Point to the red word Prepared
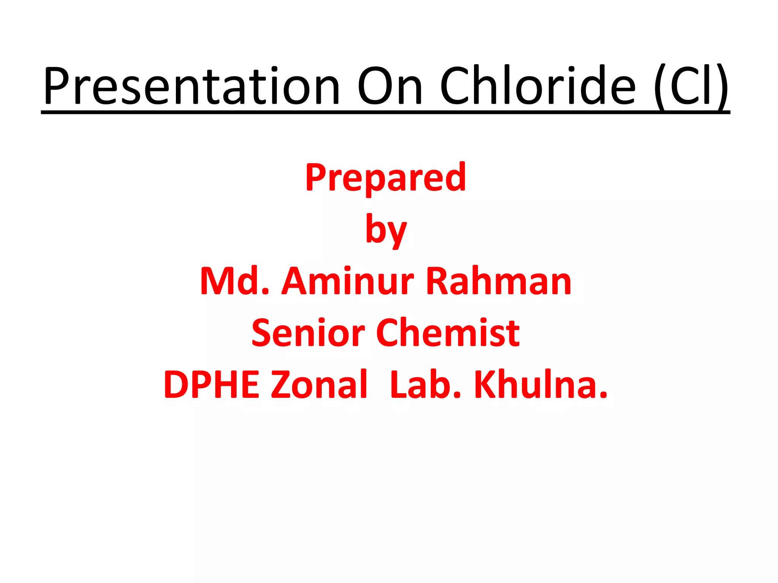386,178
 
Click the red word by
386,230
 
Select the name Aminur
348,281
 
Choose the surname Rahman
499,281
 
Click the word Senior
308,333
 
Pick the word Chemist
448,333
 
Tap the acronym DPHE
211,384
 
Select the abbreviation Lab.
425,384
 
